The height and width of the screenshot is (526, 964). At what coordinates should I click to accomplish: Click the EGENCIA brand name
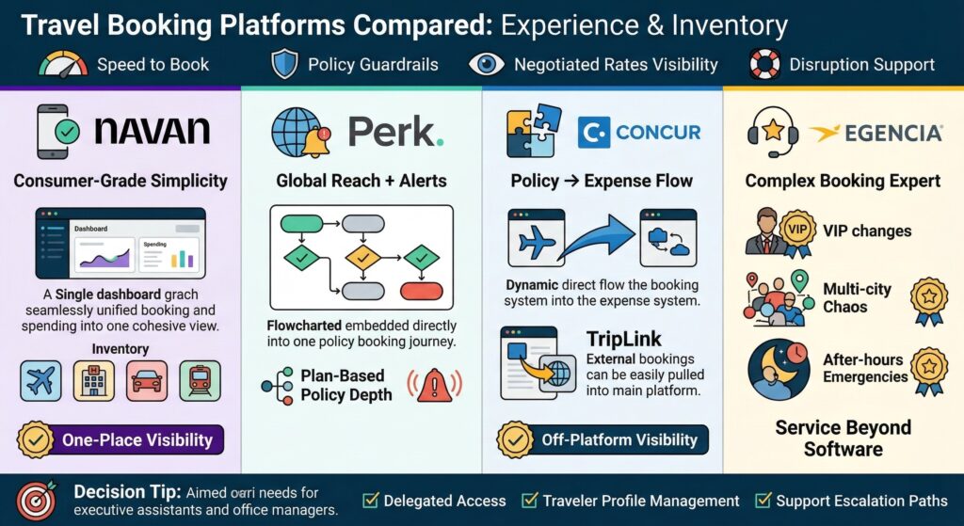tap(876, 133)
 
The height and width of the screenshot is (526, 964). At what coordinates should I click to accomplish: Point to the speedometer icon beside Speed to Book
tap(63, 64)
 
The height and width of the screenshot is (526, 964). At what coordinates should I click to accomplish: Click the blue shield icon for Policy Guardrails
tap(284, 64)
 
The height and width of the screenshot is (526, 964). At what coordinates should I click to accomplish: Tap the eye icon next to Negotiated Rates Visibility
tap(487, 64)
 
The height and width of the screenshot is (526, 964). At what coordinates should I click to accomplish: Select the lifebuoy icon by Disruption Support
tap(763, 64)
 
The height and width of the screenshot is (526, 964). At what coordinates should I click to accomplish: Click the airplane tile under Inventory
tap(41, 380)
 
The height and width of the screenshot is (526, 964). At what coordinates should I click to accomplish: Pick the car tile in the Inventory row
tap(147, 380)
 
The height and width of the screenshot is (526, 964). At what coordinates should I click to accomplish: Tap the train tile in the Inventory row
tap(200, 380)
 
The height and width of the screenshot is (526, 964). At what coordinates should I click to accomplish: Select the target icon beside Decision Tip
tap(36, 500)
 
